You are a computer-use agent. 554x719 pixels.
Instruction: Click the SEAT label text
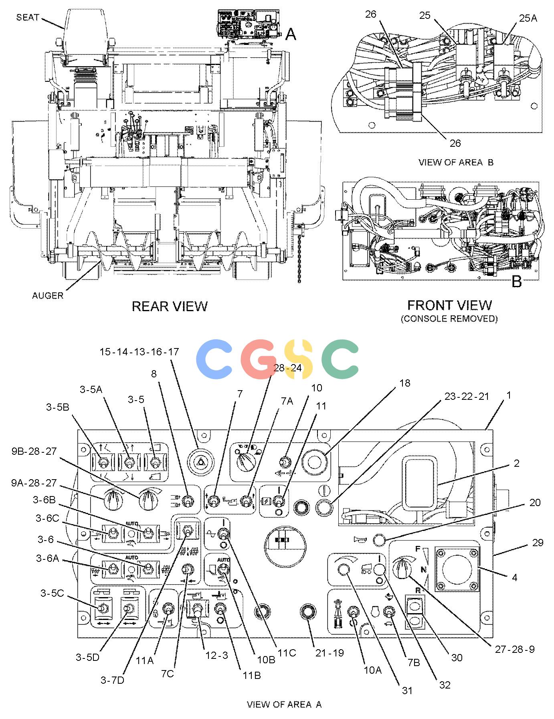coord(28,17)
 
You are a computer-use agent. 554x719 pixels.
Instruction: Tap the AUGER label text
coord(48,296)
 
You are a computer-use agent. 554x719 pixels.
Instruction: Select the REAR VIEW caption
coord(170,306)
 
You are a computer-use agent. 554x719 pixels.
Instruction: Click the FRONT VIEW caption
coord(449,305)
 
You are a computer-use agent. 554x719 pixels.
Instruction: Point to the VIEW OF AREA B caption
coord(456,162)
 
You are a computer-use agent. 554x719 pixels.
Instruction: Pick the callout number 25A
coord(528,18)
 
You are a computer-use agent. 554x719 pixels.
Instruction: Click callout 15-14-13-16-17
coord(139,352)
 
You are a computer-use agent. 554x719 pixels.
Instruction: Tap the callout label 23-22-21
coord(467,396)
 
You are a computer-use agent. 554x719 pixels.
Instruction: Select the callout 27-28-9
coord(515,649)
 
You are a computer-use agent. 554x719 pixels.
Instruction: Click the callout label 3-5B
coord(57,407)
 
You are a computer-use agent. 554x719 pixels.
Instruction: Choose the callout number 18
coord(405,383)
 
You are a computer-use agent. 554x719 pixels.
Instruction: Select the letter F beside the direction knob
coord(417,549)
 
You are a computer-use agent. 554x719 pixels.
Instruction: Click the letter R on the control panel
coord(418,590)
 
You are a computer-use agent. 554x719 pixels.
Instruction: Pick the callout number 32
coord(445,685)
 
